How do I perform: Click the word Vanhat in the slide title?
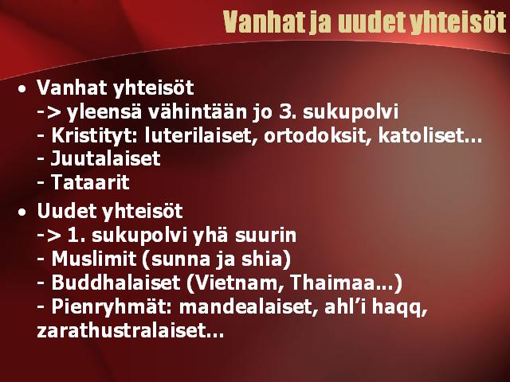tap(265, 22)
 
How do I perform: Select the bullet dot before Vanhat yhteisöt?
tap(22, 88)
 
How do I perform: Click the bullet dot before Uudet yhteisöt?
tap(22, 212)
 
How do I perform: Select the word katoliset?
tap(421, 135)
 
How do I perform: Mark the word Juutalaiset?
tap(106, 158)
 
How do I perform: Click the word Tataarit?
tap(90, 182)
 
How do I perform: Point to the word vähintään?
tap(198, 111)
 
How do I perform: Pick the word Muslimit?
tap(94, 259)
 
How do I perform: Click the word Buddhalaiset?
tap(116, 283)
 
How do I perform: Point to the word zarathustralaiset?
tap(121, 331)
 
